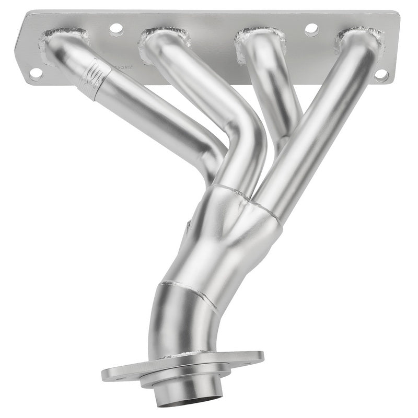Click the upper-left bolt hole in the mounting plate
coord(116,29)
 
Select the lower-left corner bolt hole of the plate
coord(36,73)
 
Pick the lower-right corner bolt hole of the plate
coord(381,75)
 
